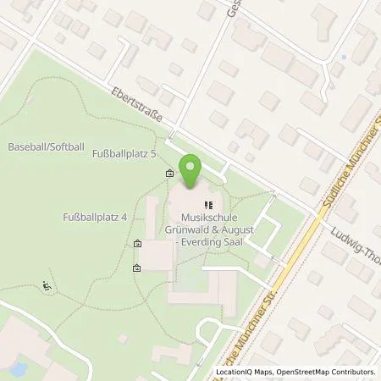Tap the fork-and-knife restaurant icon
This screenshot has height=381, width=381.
[x=208, y=204]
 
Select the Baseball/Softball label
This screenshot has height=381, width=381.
[x=46, y=147]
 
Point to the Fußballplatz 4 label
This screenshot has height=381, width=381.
[x=95, y=218]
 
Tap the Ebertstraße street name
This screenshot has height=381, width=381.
[x=135, y=106]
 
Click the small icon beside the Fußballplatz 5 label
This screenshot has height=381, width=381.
[x=170, y=174]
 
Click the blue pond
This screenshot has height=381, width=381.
[x=16, y=369]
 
